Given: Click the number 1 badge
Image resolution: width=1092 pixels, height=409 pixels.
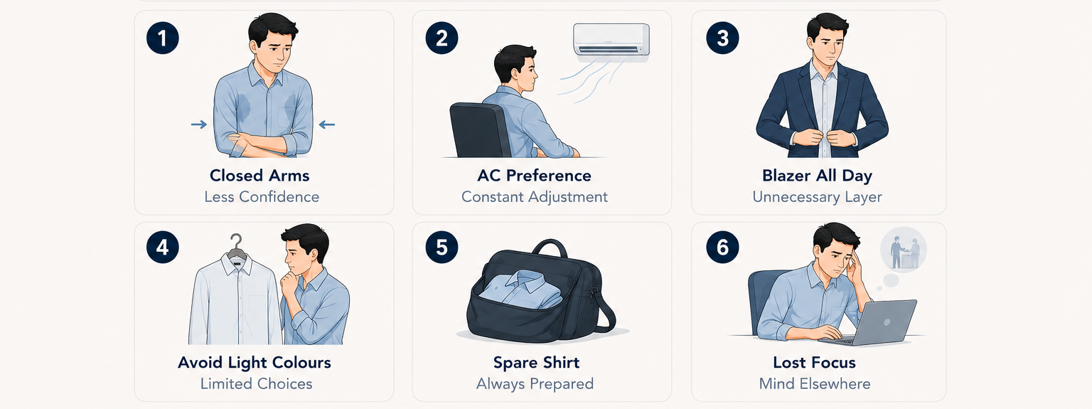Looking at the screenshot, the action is (162, 38).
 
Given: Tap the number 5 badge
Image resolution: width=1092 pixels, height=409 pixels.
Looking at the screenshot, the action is (441, 247).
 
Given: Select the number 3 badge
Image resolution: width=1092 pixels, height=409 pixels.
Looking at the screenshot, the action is (722, 38).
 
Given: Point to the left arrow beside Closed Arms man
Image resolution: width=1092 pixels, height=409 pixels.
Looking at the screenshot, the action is (199, 124).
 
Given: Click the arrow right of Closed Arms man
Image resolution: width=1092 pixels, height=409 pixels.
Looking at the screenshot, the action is (326, 124).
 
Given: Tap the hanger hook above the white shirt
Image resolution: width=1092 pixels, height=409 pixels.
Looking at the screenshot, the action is (237, 242).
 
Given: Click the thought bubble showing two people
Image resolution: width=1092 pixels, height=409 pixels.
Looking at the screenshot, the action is (904, 250).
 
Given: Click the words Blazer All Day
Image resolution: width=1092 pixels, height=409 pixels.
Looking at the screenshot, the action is (817, 176).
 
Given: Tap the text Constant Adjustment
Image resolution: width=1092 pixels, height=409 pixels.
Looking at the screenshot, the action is (535, 197).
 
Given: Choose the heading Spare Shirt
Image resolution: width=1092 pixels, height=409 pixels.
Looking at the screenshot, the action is (536, 363).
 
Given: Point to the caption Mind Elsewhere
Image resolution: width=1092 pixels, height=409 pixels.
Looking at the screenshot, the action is (815, 384).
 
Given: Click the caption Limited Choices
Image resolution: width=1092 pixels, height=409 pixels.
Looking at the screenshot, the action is (257, 384).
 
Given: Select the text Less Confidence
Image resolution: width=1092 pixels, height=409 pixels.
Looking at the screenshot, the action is (262, 197).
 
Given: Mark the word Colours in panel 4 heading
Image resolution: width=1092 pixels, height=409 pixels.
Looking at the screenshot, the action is (301, 363).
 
